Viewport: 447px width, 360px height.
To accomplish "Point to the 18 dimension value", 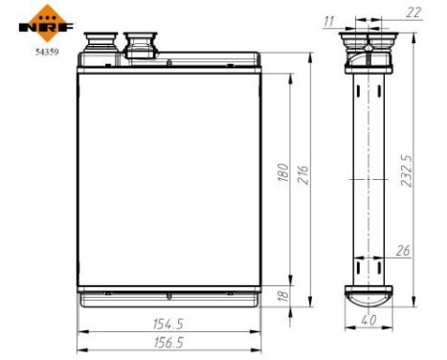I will point(282,298).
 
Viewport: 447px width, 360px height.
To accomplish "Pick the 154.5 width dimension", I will point(168,324).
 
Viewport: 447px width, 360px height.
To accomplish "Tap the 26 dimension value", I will point(403,251).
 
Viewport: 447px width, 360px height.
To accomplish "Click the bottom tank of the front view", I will point(168,298).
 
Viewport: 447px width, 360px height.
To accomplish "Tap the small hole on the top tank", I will point(168,65).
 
